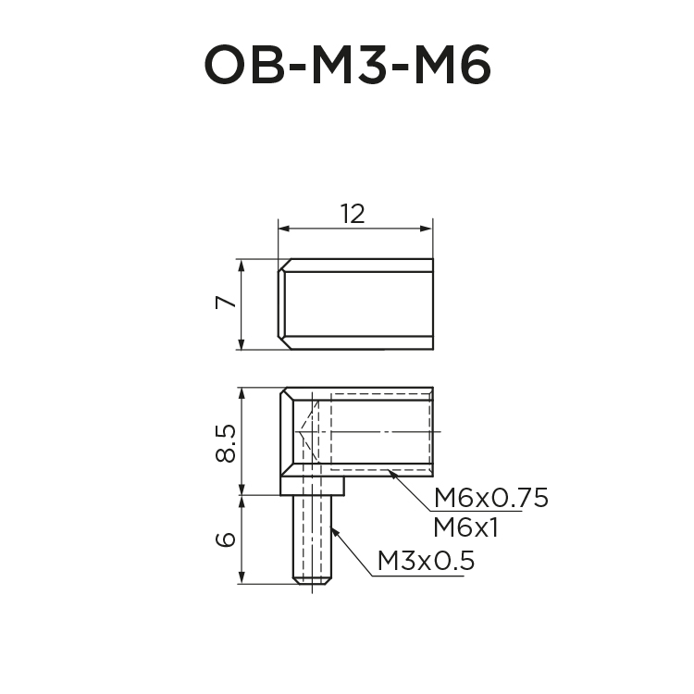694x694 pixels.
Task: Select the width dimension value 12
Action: pyautogui.click(x=353, y=214)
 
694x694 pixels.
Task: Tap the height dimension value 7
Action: pyautogui.click(x=222, y=304)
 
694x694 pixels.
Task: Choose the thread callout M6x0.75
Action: pyautogui.click(x=490, y=499)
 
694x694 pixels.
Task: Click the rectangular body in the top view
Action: pyautogui.click(x=357, y=304)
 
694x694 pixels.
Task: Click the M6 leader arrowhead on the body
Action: pyautogui.click(x=391, y=473)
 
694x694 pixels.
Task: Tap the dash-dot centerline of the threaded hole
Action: pyautogui.click(x=389, y=431)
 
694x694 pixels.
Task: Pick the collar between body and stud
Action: pyautogui.click(x=313, y=485)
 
